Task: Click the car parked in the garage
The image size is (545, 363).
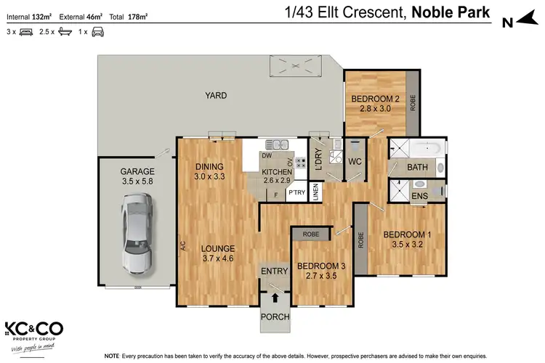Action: point(136,234)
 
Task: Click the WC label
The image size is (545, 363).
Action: point(355,161)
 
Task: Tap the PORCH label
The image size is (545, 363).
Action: point(275,317)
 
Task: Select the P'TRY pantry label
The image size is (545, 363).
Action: point(296,193)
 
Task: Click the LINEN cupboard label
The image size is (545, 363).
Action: point(315,192)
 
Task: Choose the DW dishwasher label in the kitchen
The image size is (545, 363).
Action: point(267,155)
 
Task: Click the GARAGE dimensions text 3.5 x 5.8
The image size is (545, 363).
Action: point(137,182)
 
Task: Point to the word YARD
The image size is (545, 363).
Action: point(215,95)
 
